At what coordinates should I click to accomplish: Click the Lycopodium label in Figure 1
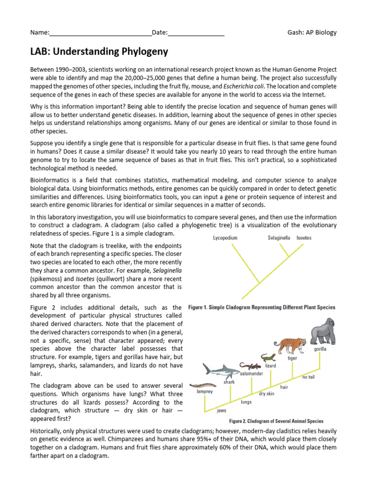click(x=225, y=237)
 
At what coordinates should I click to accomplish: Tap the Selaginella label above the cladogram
click(x=279, y=237)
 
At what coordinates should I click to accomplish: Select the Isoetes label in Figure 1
click(x=304, y=237)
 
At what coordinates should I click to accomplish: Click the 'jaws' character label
click(x=221, y=410)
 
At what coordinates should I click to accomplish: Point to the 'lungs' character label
click(x=246, y=402)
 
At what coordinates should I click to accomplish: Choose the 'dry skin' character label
click(x=266, y=394)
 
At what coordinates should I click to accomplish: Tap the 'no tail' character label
click(x=309, y=377)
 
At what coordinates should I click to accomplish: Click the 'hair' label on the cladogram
click(x=284, y=387)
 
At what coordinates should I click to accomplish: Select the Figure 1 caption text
click(x=261, y=307)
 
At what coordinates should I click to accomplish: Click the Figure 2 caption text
click(x=276, y=421)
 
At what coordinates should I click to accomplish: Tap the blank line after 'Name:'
click(x=100, y=33)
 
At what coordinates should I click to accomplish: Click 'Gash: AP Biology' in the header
click(x=312, y=32)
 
